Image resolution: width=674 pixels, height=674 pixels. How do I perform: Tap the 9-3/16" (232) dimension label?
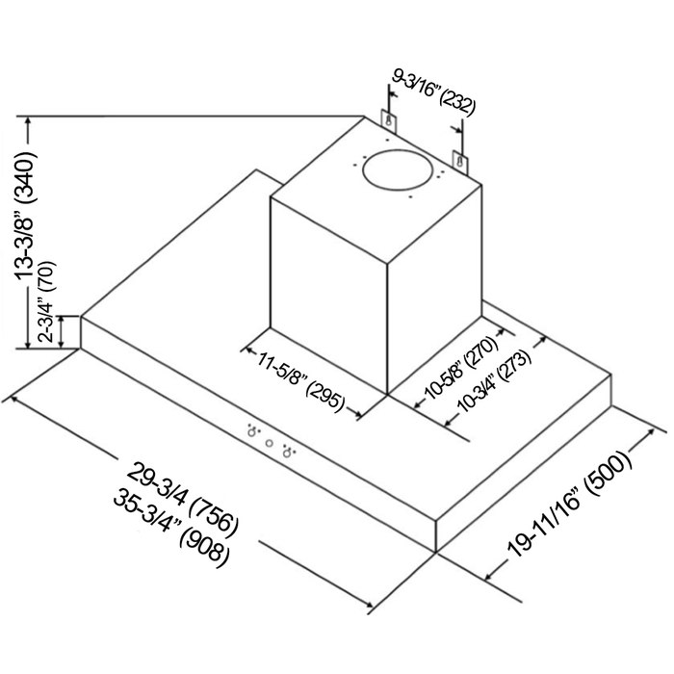pyautogui.click(x=434, y=93)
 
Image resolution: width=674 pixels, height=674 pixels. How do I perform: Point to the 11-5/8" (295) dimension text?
pyautogui.click(x=300, y=379)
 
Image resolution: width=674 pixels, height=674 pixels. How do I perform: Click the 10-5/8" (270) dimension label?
pyautogui.click(x=461, y=369)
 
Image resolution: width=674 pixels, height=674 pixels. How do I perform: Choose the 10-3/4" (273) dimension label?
pyautogui.click(x=493, y=381)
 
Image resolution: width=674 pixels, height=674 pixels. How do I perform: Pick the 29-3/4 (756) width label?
pyautogui.click(x=182, y=499)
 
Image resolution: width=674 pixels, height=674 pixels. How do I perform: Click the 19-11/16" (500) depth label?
pyautogui.click(x=570, y=503)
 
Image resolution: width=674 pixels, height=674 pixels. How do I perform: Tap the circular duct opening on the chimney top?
pyautogui.click(x=397, y=169)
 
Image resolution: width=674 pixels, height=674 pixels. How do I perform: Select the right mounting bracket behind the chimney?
pyautogui.click(x=460, y=162)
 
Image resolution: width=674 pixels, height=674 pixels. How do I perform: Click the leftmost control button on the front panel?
pyautogui.click(x=252, y=432)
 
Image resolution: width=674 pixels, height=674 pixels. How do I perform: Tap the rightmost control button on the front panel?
pyautogui.click(x=287, y=453)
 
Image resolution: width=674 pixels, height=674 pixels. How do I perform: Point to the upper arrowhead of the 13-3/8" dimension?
pyautogui.click(x=28, y=121)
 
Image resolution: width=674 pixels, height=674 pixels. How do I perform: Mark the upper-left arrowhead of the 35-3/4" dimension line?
pyautogui.click(x=14, y=399)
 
